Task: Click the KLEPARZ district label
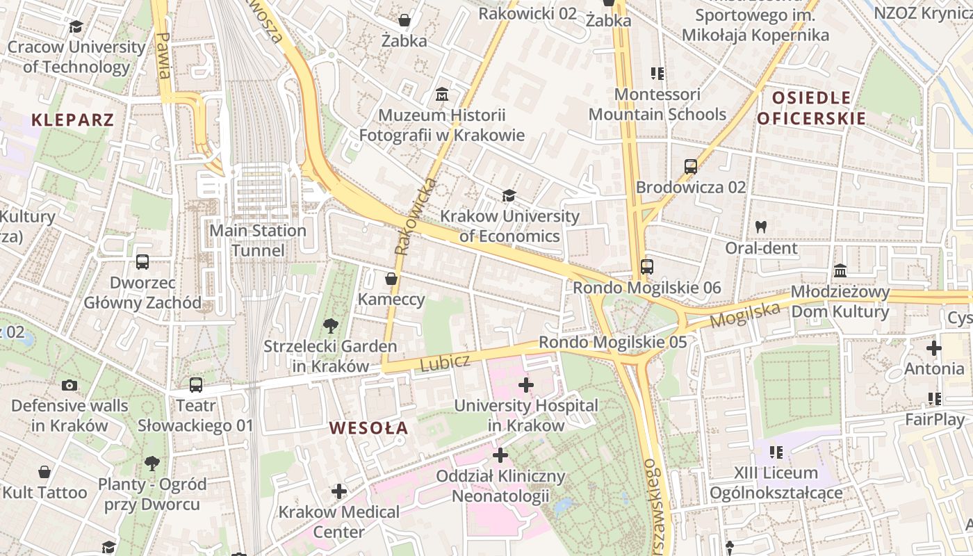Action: (72, 120)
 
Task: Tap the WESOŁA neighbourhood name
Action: (368, 428)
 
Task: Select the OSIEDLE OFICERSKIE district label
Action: (811, 108)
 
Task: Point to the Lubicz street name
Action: (445, 362)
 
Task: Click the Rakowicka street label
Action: (415, 216)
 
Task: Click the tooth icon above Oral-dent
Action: (761, 227)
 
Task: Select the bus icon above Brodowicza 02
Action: (690, 166)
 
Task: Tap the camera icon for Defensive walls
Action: (69, 385)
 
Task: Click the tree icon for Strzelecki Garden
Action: (330, 325)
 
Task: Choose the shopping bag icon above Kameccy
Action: (391, 279)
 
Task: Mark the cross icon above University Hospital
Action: (526, 384)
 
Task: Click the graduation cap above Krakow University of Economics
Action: (509, 195)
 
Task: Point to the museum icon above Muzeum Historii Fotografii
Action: (441, 94)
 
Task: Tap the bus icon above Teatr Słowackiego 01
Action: (196, 384)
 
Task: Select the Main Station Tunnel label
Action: (258, 240)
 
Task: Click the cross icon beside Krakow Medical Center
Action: (338, 491)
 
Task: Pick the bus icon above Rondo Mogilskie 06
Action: (646, 266)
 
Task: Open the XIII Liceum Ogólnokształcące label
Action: (776, 483)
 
